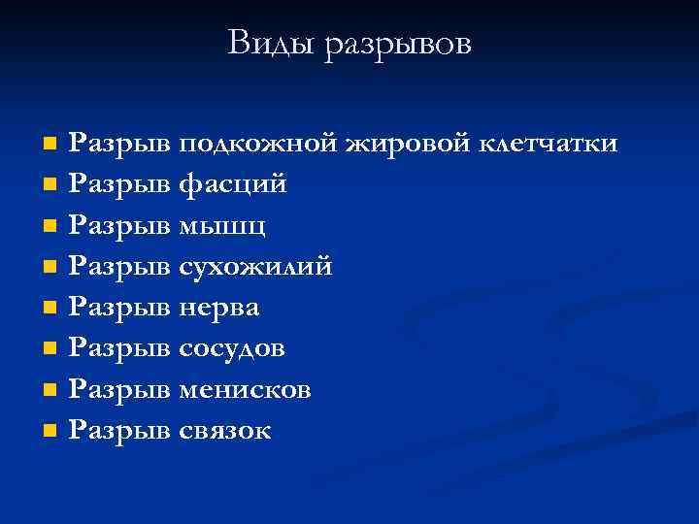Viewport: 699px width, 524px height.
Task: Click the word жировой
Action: (405, 145)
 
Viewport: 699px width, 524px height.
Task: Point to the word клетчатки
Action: (548, 144)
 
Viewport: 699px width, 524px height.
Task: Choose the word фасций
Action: (233, 185)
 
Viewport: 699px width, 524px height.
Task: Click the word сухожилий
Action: (256, 267)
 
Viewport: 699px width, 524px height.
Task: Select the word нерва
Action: (219, 308)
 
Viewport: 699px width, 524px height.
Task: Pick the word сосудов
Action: (232, 348)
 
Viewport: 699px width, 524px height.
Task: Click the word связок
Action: (226, 430)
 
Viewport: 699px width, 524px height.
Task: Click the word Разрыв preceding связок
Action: (122, 430)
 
